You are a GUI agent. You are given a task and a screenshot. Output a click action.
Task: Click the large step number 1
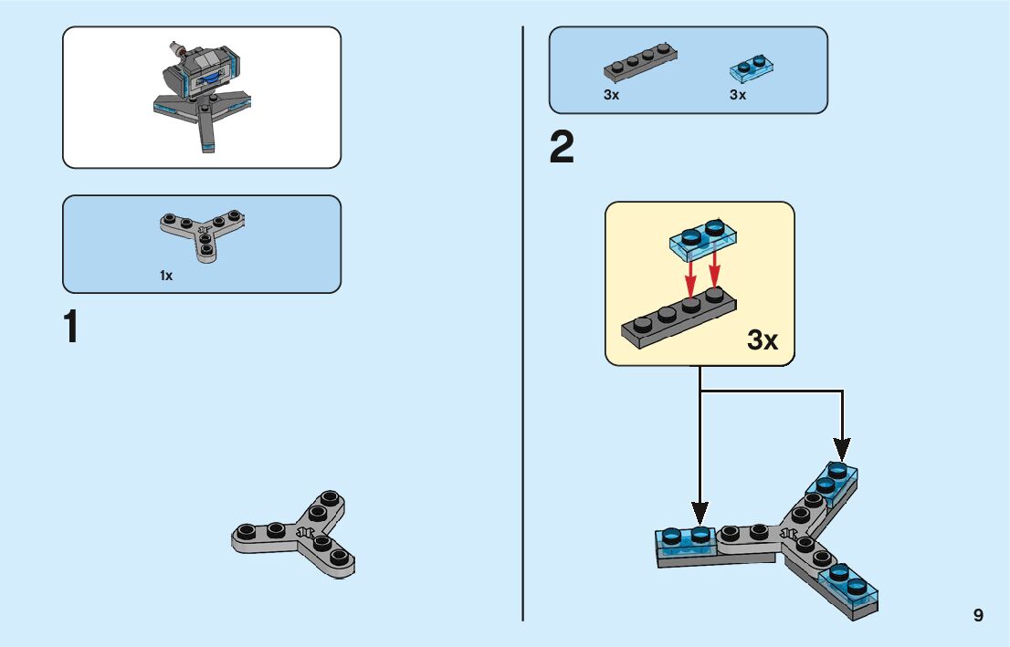click(x=71, y=329)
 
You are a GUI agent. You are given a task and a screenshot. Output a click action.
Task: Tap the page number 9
click(x=978, y=615)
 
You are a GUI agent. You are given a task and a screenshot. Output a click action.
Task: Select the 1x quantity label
click(x=166, y=276)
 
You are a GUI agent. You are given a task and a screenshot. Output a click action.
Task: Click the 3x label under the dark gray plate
click(x=611, y=95)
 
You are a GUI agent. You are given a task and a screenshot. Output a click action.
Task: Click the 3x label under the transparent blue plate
click(x=738, y=95)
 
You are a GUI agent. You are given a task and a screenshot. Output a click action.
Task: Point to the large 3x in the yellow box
click(x=763, y=340)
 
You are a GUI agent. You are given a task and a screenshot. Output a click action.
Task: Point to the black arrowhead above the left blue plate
click(x=700, y=513)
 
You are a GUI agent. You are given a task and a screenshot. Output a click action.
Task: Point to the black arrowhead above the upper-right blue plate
click(x=841, y=447)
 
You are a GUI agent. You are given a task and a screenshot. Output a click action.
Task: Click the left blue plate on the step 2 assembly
click(x=686, y=541)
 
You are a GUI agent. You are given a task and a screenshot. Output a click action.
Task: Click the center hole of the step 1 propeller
click(x=305, y=532)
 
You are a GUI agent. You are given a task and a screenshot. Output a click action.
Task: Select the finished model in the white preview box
click(x=202, y=96)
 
